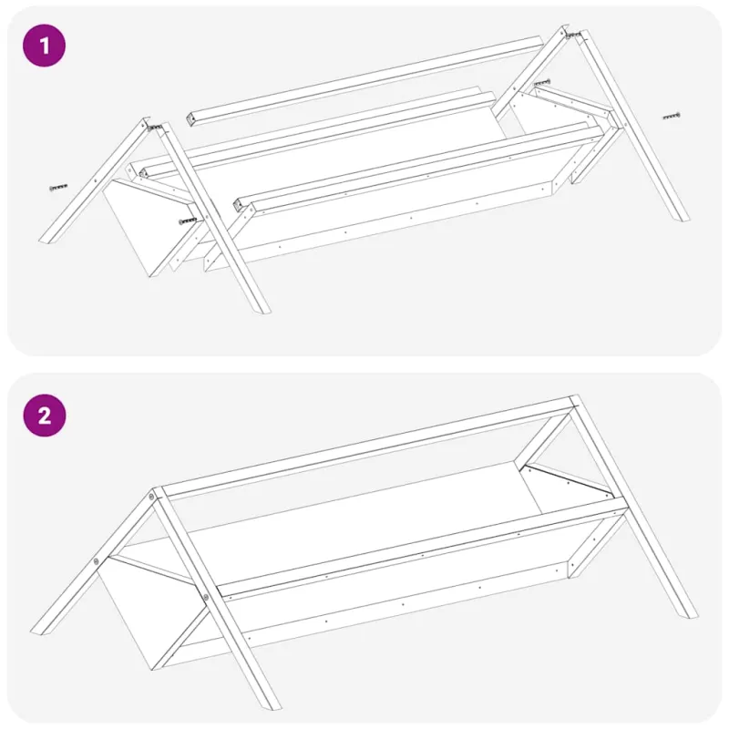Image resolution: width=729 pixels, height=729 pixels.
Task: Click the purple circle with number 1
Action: pos(44,46)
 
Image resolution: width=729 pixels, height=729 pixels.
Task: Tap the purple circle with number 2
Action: pos(45,416)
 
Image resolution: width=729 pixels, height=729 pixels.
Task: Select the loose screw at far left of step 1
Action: pos(58,188)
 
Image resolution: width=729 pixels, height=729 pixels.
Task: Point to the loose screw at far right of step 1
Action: pos(672,116)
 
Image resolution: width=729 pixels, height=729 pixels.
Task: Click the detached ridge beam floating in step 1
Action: pos(365,80)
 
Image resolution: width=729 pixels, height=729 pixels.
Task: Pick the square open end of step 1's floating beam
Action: pos(190,120)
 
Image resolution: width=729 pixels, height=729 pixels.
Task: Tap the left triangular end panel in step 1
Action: pos(148,224)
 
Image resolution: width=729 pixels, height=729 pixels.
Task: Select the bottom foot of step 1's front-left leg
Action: pos(263,309)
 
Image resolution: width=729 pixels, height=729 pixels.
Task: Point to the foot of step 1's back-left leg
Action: pos(46,239)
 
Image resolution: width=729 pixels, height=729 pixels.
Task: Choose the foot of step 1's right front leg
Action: pos(682,217)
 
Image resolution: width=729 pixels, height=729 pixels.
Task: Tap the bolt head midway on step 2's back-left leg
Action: pos(97,561)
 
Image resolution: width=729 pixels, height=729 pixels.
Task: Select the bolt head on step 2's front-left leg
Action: pos(206,597)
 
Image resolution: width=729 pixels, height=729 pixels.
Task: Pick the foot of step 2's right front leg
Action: pos(691,613)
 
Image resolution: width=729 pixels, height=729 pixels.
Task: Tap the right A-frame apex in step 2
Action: pos(575,400)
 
